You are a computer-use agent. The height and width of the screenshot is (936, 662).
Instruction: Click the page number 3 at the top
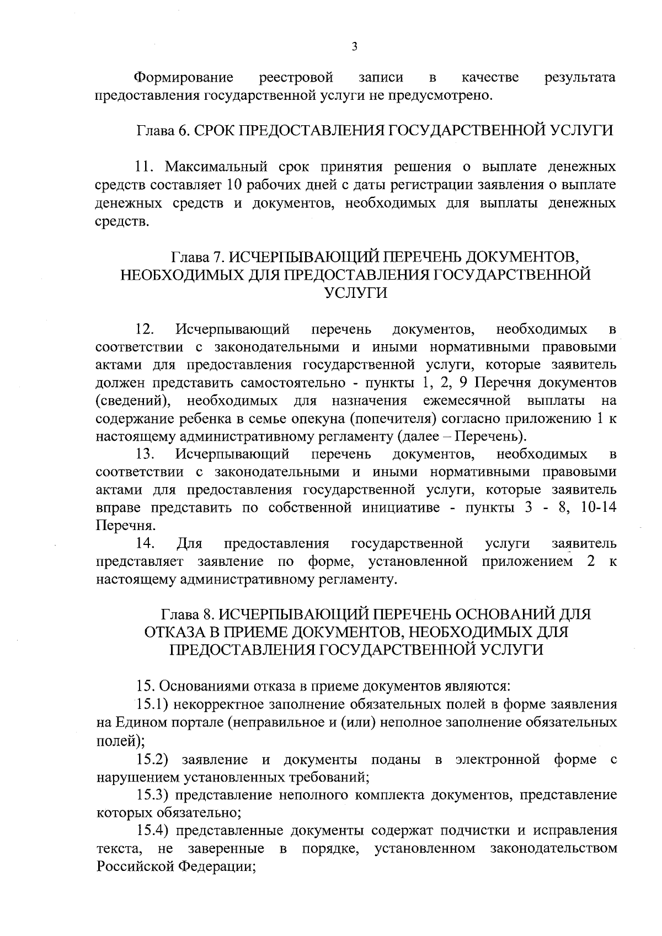(x=354, y=46)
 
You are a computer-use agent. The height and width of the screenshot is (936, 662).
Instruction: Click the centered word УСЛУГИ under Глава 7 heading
(x=355, y=293)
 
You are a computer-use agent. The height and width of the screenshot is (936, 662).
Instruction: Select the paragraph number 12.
(x=145, y=330)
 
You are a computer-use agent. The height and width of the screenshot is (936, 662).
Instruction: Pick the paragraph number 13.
(x=145, y=454)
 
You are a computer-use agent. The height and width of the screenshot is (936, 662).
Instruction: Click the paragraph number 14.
(x=145, y=544)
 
